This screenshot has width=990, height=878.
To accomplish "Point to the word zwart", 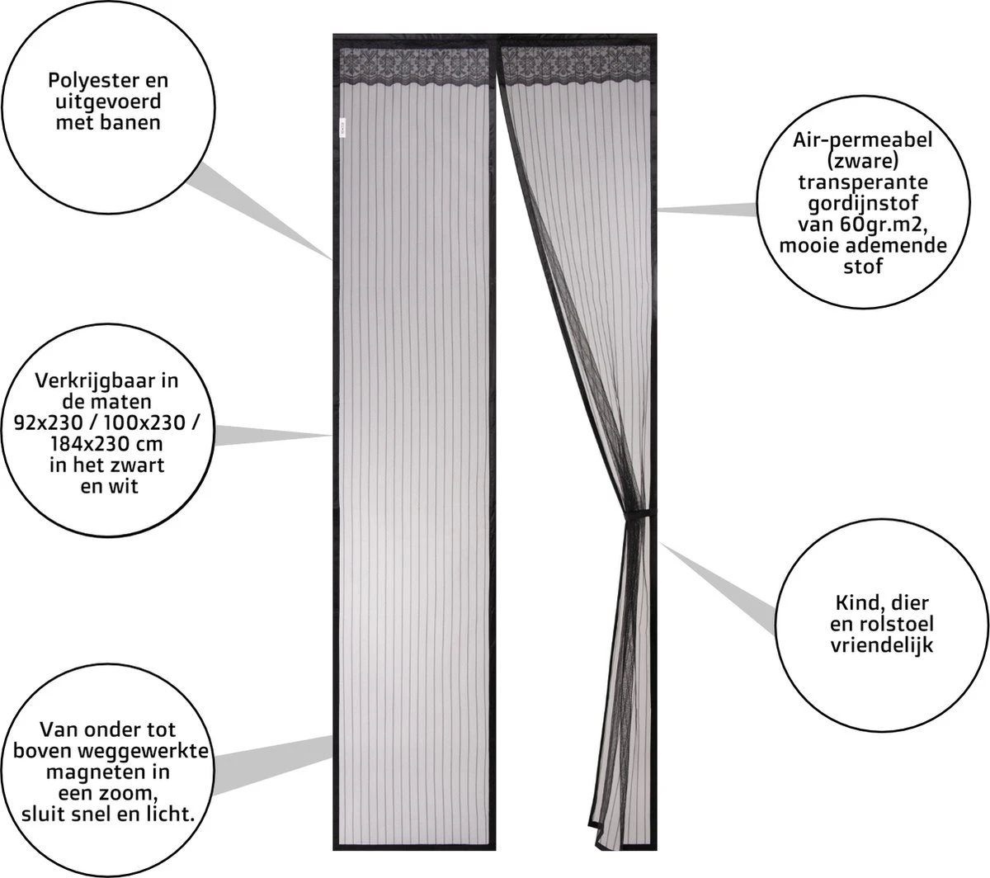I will click(x=138, y=465).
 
